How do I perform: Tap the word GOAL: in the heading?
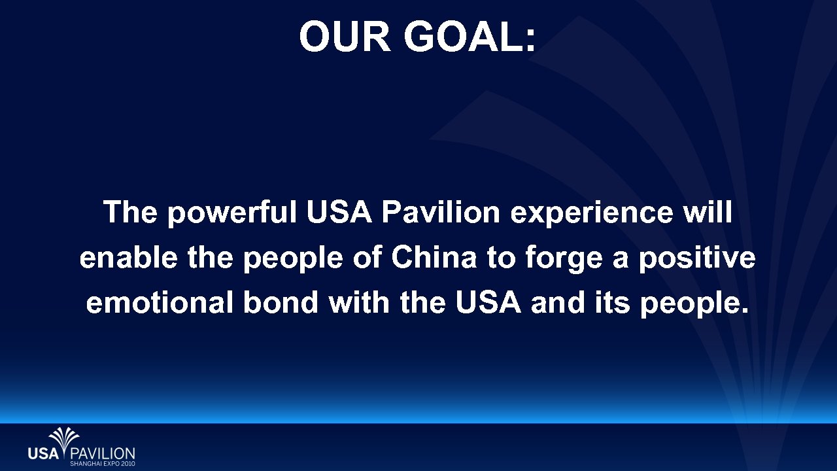click(470, 37)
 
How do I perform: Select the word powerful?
click(232, 214)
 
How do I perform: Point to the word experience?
click(591, 213)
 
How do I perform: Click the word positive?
click(697, 260)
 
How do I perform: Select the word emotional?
click(160, 303)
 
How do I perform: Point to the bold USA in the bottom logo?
click(43, 453)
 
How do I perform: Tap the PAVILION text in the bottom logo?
click(102, 453)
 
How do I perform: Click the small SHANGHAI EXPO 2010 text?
click(102, 463)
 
